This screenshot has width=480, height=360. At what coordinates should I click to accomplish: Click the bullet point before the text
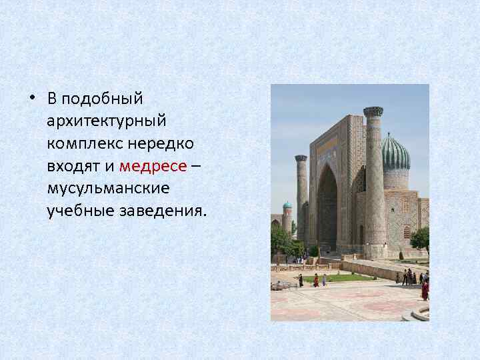coord(32,99)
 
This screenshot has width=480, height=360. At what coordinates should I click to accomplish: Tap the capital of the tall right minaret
coord(373,111)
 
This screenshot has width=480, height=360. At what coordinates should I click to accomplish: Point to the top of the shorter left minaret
coord(301,159)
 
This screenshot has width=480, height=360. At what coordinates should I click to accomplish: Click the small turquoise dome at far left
coord(287,206)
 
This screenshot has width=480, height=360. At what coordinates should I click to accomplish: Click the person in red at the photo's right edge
coord(425,289)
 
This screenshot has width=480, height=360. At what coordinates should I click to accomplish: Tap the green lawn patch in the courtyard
coord(347,277)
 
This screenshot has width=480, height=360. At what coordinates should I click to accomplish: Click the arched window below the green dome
coord(407,232)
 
